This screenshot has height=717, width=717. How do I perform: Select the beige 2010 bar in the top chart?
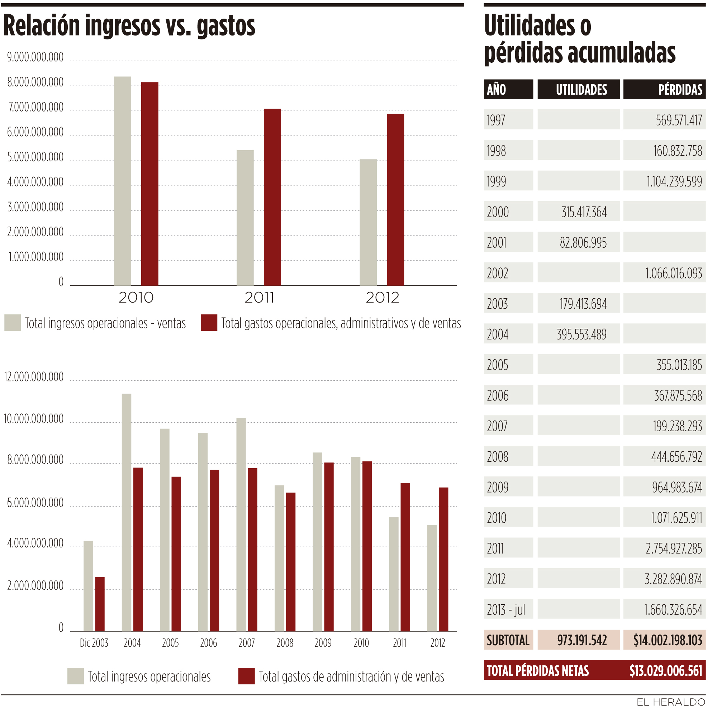coord(123,181)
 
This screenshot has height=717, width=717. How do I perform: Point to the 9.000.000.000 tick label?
coord(35,57)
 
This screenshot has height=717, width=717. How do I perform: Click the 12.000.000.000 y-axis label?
coord(34,377)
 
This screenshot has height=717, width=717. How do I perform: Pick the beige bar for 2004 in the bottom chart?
coord(127,512)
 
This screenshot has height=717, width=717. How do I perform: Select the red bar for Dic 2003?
coord(100,604)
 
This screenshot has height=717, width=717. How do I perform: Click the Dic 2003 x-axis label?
coord(94,643)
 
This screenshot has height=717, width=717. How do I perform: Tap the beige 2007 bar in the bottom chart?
coord(241,524)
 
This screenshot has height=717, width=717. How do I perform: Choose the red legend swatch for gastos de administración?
coord(246,676)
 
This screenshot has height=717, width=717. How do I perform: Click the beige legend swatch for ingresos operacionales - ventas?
coord(13,323)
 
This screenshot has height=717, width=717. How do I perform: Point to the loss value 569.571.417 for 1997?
coord(678,120)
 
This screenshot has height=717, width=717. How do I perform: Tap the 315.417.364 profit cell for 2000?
coord(584,212)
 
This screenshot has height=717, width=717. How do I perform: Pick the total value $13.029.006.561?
coord(665,671)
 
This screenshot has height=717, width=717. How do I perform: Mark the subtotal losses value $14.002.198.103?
coord(667,640)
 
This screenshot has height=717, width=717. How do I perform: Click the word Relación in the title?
coord(42,26)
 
